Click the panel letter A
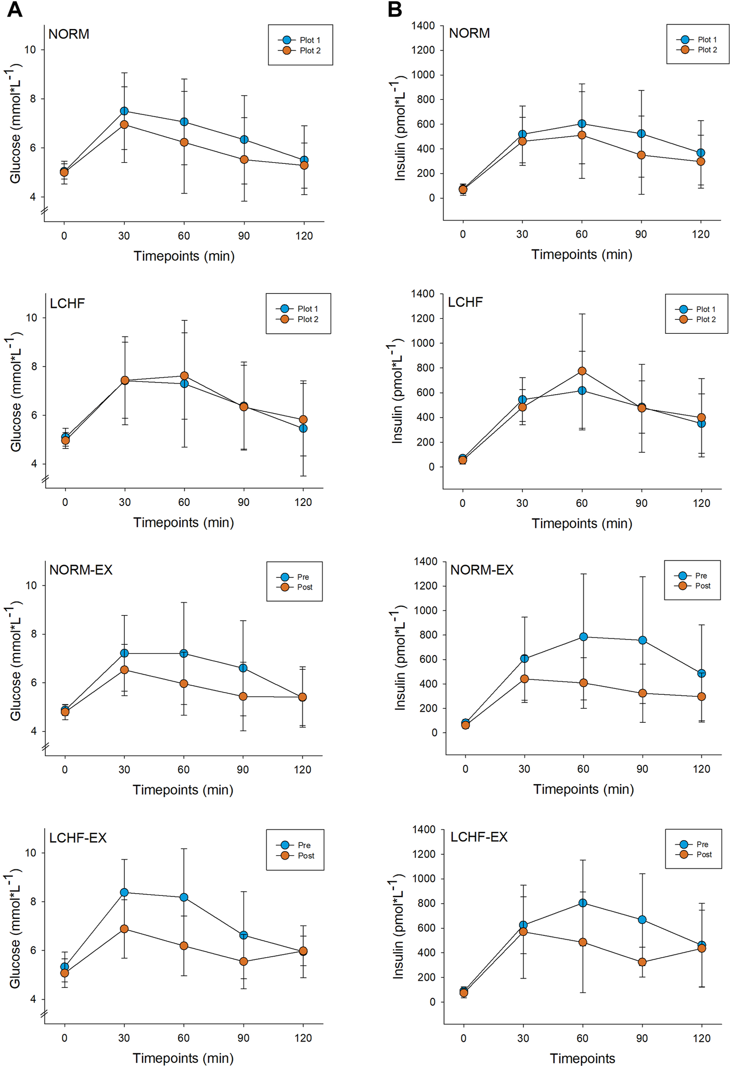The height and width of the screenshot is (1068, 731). coord(15,9)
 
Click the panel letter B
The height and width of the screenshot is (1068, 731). coord(395,9)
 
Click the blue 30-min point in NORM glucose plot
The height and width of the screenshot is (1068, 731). coord(124,111)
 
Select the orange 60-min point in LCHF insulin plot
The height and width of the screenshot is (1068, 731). coord(582,371)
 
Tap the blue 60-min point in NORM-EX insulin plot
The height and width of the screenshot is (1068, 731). coord(584,637)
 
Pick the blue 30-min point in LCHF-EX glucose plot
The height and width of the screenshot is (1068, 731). coord(124,892)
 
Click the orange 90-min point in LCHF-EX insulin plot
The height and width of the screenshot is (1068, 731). coord(642,962)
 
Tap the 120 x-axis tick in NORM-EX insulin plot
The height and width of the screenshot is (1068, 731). coord(701,770)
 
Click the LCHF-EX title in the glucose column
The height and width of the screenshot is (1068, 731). coord(78,838)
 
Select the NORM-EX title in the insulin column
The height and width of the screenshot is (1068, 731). coord(482,570)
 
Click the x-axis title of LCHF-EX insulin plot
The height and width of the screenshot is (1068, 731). coord(583,1059)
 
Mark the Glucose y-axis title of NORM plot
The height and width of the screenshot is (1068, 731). coord(16,124)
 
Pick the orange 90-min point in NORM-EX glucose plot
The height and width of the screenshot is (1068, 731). coord(243,696)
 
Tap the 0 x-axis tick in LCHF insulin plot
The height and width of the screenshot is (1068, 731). coord(463,503)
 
